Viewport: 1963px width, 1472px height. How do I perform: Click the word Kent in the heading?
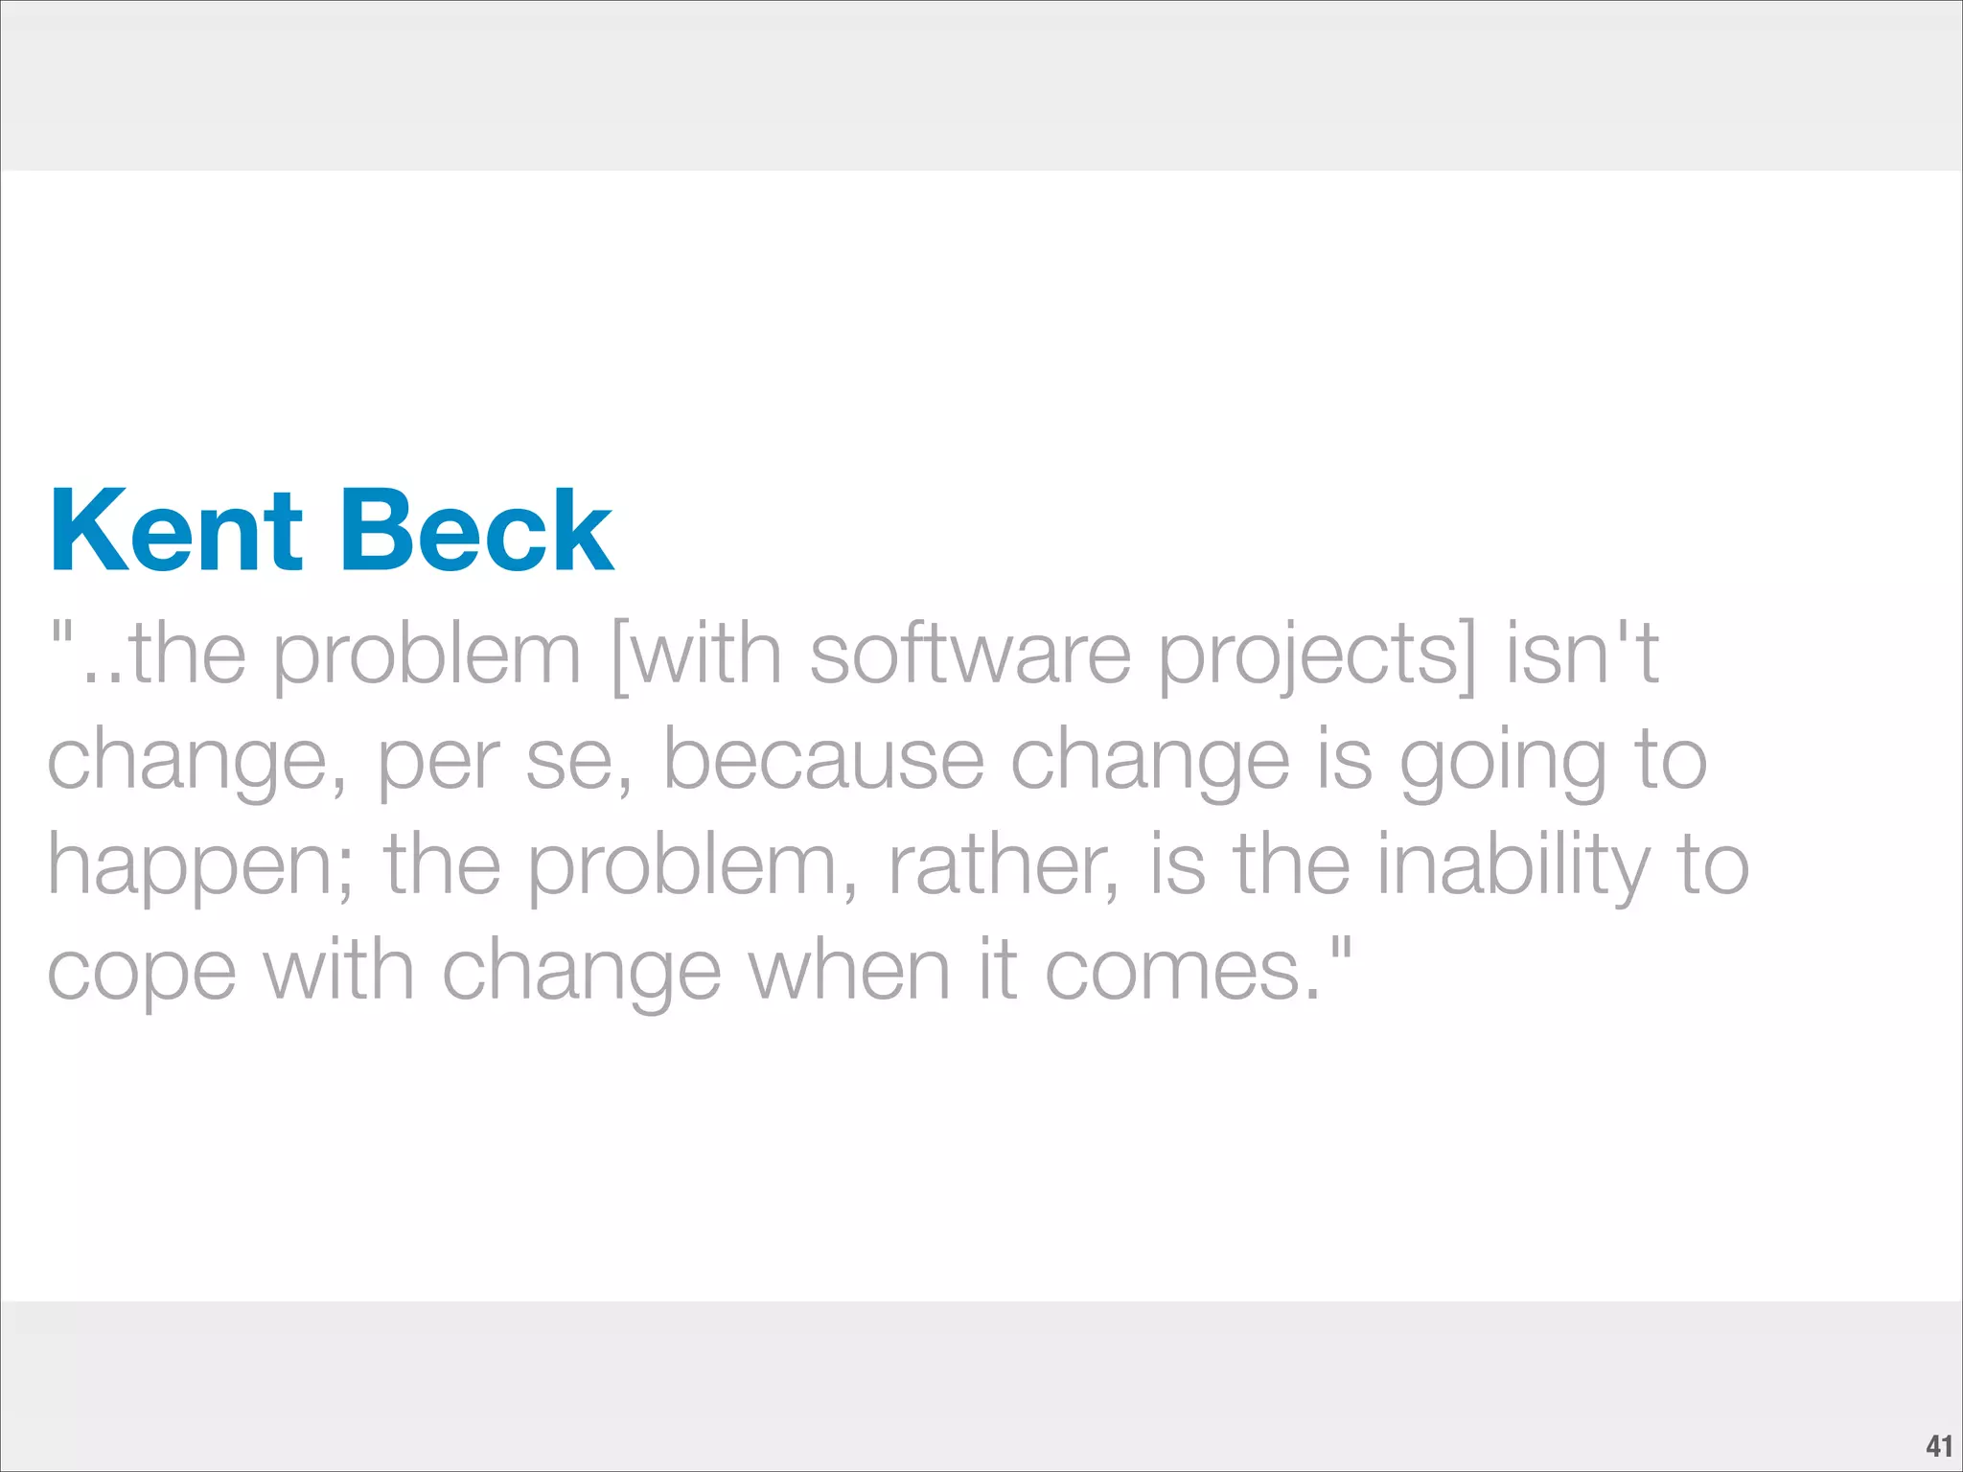175,532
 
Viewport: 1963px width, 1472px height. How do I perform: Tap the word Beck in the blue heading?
476,532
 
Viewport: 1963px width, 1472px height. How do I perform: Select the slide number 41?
1938,1445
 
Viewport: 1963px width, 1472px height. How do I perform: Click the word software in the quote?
970,655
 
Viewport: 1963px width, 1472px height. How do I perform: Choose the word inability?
1514,867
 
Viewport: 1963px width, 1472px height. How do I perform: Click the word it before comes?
997,970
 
